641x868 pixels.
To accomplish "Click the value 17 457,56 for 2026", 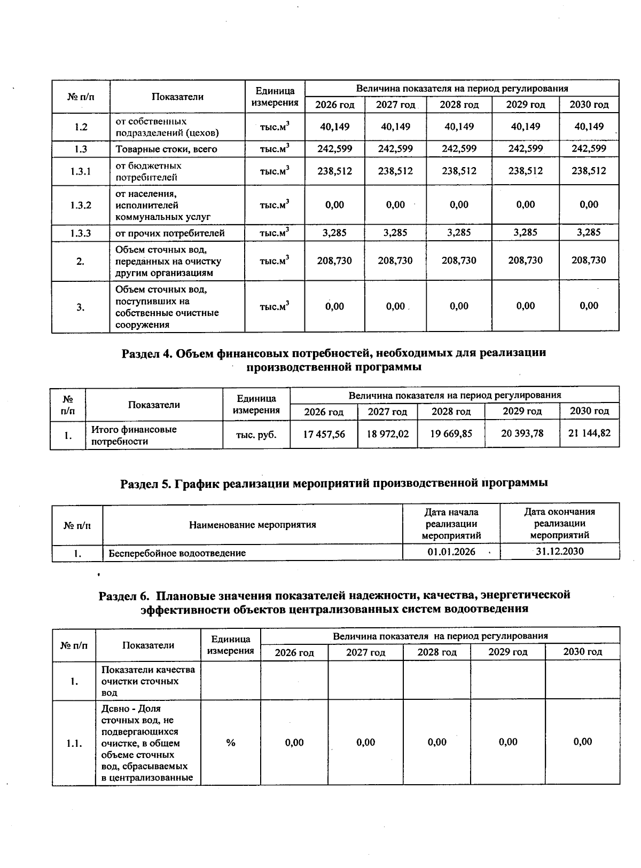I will (324, 434).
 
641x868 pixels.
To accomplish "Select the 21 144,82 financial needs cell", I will (589, 433).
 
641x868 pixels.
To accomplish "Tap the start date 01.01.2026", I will (451, 551).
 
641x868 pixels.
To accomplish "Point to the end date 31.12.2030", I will (559, 551).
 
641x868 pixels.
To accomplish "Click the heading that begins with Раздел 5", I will (334, 483).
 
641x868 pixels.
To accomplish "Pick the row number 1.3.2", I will (81, 205).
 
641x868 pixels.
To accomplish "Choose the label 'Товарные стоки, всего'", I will (166, 149).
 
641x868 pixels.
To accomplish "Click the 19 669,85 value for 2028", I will (451, 434).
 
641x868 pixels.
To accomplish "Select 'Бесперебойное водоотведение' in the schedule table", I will (177, 553).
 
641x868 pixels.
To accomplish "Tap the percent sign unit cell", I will (231, 743).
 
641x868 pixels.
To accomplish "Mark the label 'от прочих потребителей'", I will (170, 233).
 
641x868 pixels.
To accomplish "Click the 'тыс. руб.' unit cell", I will (256, 435).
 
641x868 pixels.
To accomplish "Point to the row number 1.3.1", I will (81, 171).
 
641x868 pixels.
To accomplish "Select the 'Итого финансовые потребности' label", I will (134, 435).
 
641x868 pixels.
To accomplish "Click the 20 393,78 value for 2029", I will (522, 433).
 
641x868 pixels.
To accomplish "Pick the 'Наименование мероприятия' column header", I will (252, 525).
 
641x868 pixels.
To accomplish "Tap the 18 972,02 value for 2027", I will (387, 434).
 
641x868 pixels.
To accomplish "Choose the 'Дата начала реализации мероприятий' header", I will (451, 524).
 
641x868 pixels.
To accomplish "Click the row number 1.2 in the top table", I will (81, 127).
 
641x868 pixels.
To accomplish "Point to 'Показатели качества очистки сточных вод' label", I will (148, 681).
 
